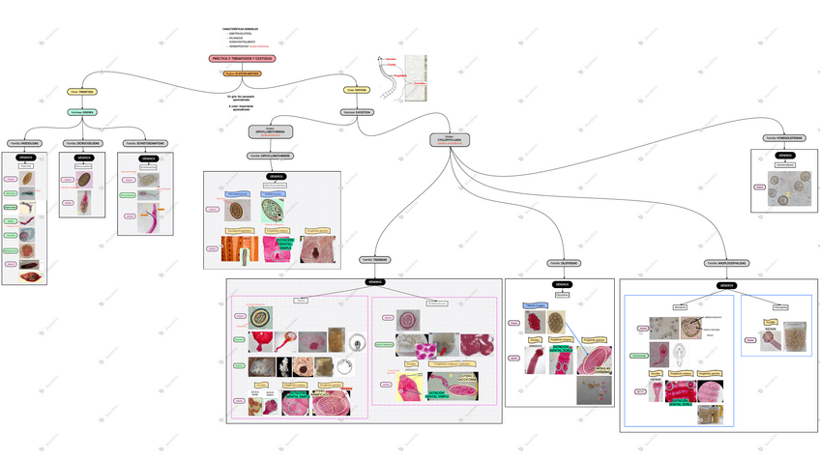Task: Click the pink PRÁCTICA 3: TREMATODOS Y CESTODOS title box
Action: coord(242,58)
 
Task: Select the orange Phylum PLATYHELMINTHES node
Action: coord(242,72)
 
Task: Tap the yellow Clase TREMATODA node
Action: coord(82,92)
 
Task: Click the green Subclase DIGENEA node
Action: coord(82,111)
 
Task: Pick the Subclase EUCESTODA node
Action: coord(357,111)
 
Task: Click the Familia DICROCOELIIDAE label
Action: coord(83,143)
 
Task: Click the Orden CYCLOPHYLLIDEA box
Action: coord(449,140)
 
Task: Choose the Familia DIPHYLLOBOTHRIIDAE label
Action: coord(271,155)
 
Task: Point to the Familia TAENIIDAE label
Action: coord(374,259)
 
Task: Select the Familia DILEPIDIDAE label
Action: coord(563,262)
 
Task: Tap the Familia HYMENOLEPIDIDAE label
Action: coord(783,137)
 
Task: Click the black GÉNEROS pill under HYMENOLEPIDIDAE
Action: coord(786,155)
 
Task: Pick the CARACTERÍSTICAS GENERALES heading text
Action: coord(242,29)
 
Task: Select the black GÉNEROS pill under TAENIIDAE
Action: coord(374,282)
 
